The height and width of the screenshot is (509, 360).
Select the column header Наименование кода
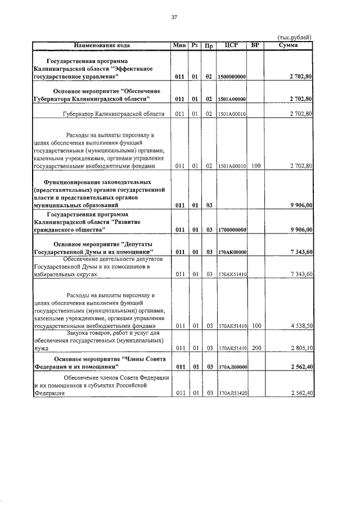click(x=101, y=44)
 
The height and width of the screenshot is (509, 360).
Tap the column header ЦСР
click(x=232, y=44)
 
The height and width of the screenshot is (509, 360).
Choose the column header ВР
click(x=256, y=44)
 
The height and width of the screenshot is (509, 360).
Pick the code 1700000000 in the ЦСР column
click(x=232, y=229)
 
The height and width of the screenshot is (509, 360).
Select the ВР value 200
click(x=256, y=349)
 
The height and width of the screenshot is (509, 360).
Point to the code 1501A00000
click(x=232, y=99)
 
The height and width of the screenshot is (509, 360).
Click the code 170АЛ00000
click(x=232, y=367)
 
